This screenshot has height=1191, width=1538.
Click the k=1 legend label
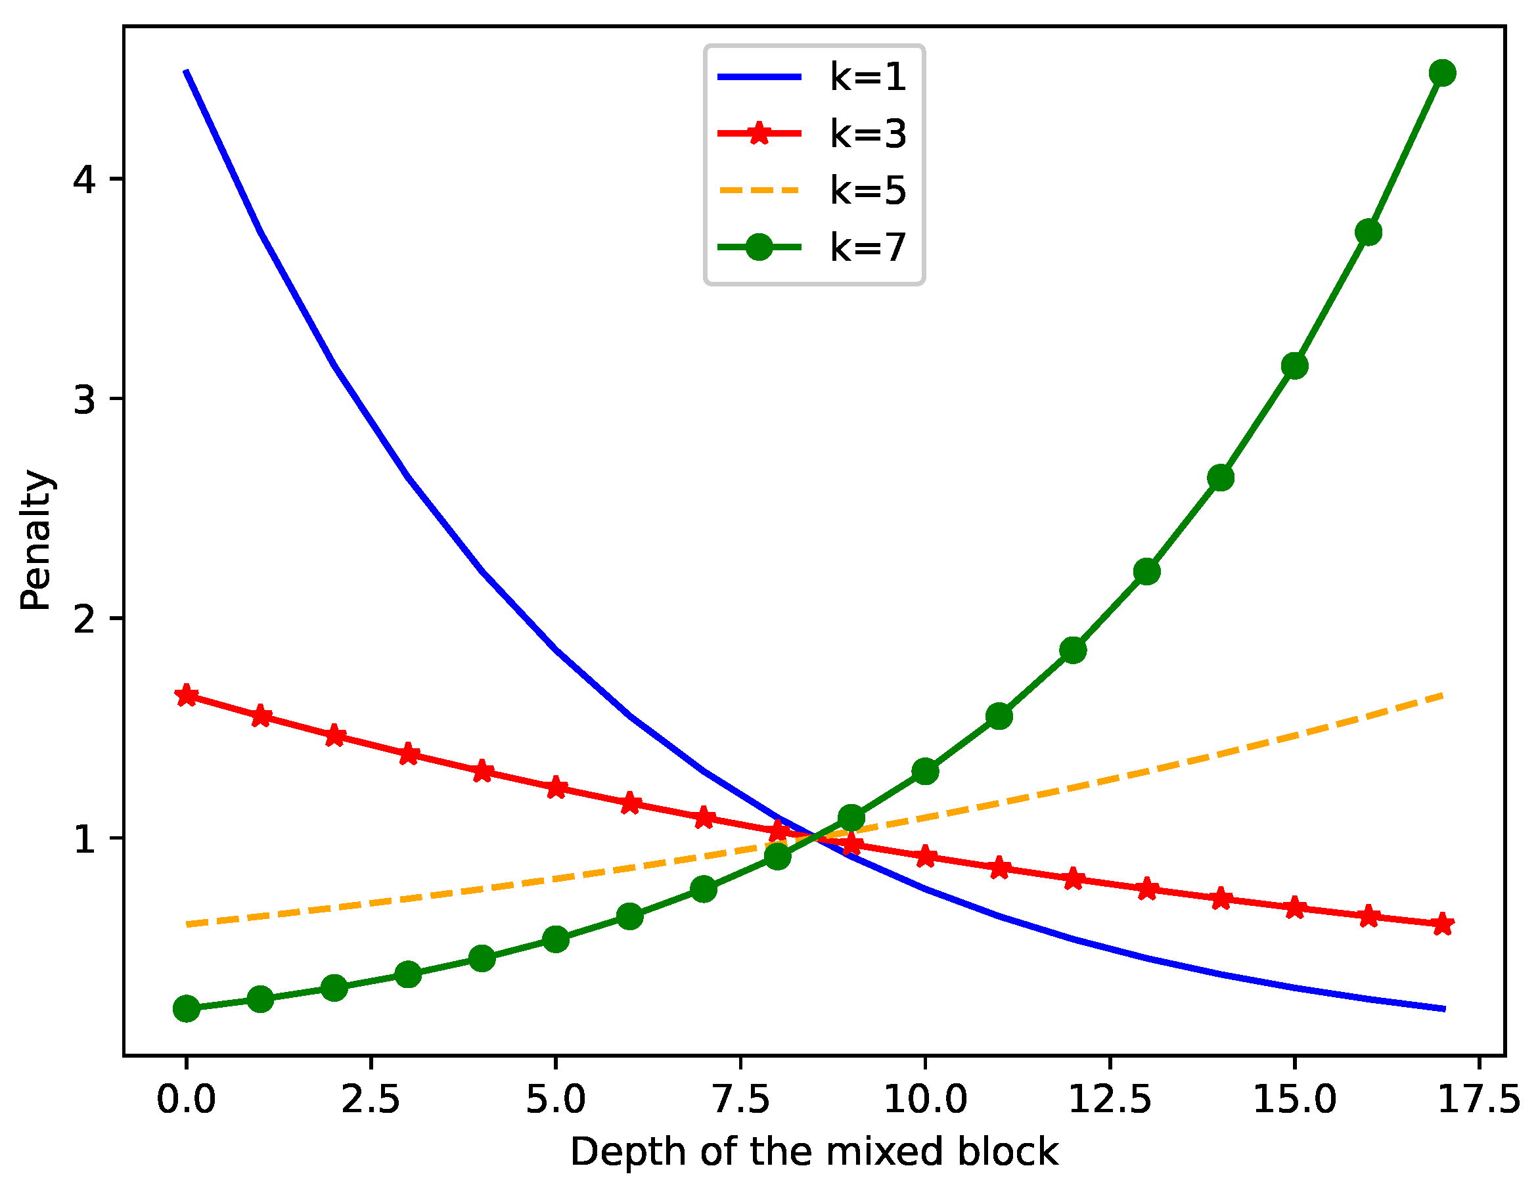click(868, 77)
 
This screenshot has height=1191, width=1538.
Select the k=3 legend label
click(868, 134)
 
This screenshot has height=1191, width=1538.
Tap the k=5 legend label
click(868, 191)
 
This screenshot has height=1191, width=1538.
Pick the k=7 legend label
click(868, 247)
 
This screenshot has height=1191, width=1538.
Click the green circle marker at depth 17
click(1442, 74)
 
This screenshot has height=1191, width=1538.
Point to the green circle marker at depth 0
click(187, 1008)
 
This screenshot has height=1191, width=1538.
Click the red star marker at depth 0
click(187, 696)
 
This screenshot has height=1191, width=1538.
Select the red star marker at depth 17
click(1442, 924)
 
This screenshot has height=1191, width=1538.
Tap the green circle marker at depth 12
click(1072, 650)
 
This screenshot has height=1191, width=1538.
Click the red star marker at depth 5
click(556, 788)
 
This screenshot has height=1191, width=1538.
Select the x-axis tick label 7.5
click(741, 1100)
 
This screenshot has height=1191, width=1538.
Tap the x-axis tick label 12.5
click(1110, 1100)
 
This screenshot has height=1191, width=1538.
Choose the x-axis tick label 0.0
click(186, 1100)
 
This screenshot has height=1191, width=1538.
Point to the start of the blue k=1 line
click(187, 72)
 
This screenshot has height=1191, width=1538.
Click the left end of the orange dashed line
click(188, 924)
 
